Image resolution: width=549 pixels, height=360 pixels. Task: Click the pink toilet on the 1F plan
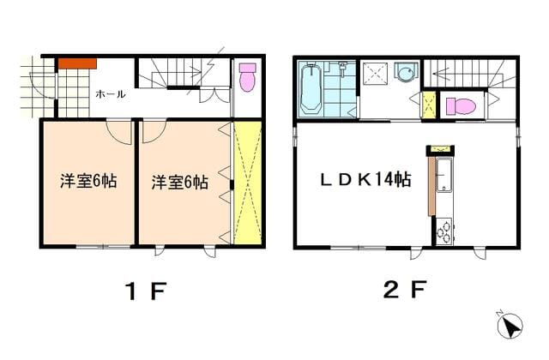coord(248,77)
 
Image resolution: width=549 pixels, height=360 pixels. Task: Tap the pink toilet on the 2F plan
coord(461,105)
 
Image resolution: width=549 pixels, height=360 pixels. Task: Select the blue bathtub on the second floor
coord(311,88)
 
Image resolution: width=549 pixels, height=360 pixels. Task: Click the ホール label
coord(111,94)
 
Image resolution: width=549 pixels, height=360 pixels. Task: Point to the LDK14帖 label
coord(366,179)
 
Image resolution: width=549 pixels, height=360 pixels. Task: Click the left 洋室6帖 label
coord(88,181)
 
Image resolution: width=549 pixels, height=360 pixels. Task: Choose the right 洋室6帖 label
coord(180,183)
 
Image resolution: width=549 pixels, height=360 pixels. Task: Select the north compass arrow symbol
coord(510,325)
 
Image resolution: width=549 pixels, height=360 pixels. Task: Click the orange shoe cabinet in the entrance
coord(77,63)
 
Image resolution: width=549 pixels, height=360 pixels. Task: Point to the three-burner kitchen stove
coord(444,231)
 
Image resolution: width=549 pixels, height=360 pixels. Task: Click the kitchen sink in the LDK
coord(444,175)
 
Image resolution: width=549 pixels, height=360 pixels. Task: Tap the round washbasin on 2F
coord(406,73)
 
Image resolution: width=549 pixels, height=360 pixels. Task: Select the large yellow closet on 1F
coord(248,183)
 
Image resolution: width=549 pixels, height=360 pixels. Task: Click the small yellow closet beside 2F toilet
coord(429,105)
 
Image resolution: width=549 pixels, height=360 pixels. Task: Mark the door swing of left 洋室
coord(119,132)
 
